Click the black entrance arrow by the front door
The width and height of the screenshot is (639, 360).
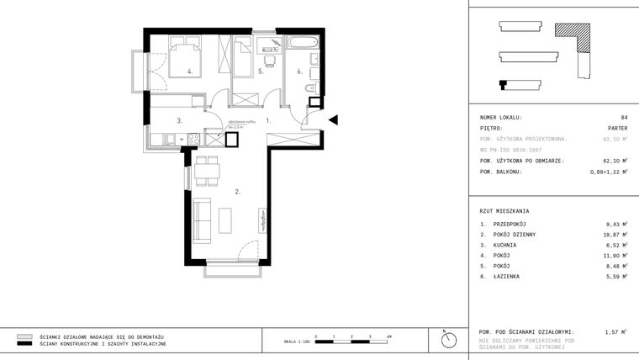[333, 120]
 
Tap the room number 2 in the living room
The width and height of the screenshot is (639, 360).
[238, 193]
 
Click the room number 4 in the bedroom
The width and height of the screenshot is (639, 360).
[190, 72]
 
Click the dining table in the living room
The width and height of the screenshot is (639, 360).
[207, 172]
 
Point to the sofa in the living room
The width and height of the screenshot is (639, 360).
[202, 219]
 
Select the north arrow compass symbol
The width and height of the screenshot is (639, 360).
[447, 340]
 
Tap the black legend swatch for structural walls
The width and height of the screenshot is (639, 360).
[24, 344]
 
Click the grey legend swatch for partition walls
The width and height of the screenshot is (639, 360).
[24, 336]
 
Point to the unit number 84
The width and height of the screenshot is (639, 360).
[623, 118]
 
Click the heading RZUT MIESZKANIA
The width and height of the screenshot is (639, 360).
[504, 211]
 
